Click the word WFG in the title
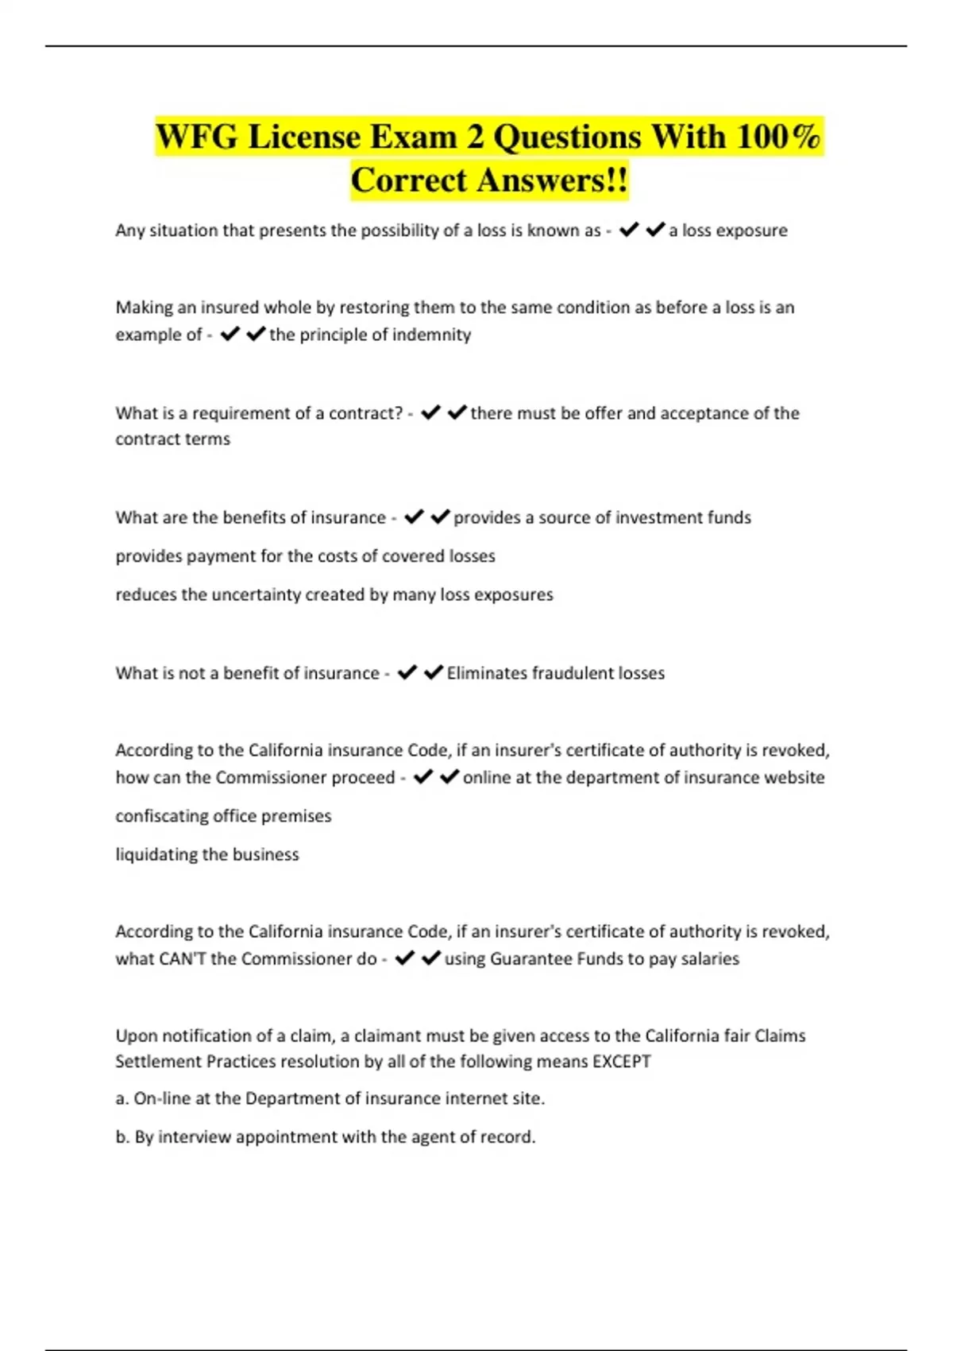[x=196, y=137]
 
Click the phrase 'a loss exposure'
[x=728, y=230]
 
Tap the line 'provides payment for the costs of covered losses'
[x=305, y=556]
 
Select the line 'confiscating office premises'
[x=223, y=816]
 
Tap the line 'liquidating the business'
[x=207, y=854]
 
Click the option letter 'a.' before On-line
[x=122, y=1099]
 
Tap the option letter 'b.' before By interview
[x=122, y=1137]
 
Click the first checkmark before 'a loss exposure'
[x=629, y=230]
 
